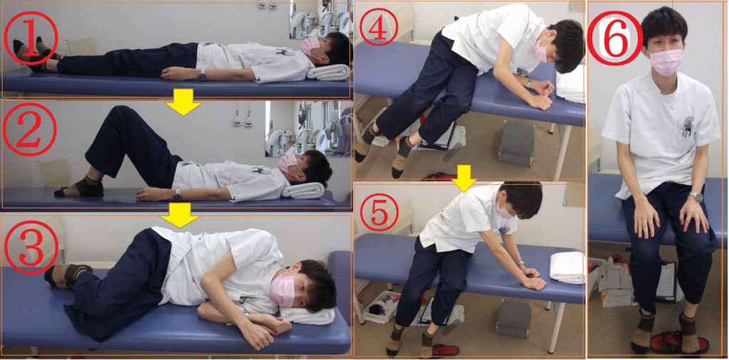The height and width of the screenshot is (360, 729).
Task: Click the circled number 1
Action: pyautogui.click(x=31, y=38)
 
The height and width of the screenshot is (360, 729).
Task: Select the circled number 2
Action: pyautogui.click(x=29, y=129)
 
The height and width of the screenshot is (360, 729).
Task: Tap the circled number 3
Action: pyautogui.click(x=31, y=244)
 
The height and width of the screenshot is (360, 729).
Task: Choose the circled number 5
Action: pyautogui.click(x=379, y=212)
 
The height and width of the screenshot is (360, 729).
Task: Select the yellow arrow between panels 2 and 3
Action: pyautogui.click(x=179, y=219)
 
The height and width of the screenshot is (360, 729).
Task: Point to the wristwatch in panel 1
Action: pyautogui.click(x=202, y=75)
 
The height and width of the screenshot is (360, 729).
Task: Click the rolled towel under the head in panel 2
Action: pyautogui.click(x=303, y=191)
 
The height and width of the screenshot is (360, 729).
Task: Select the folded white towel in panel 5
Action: pyautogui.click(x=567, y=268)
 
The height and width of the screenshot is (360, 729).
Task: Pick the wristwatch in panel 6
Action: pyautogui.click(x=696, y=196)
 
